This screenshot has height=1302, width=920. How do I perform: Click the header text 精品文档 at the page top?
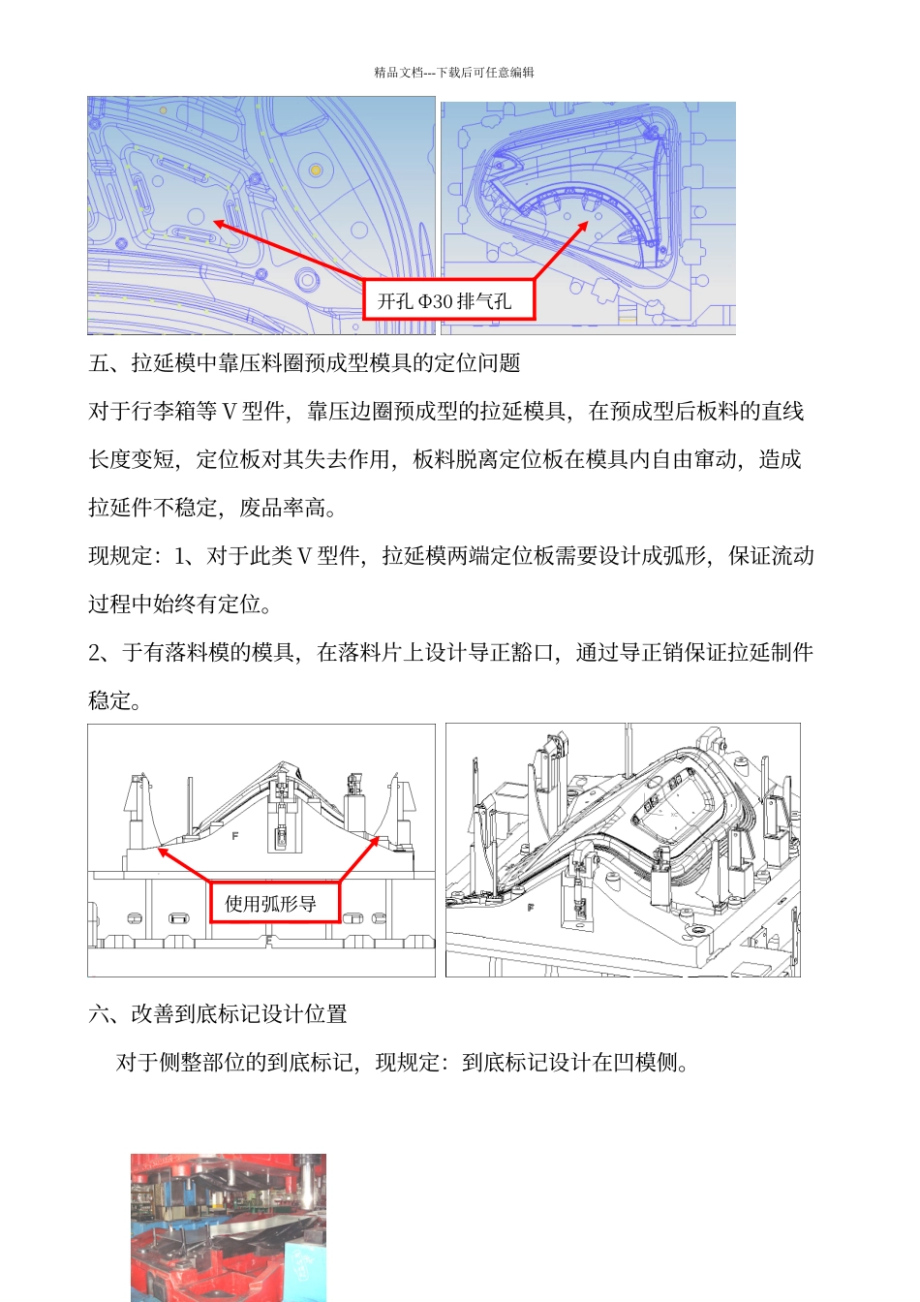[x=398, y=73]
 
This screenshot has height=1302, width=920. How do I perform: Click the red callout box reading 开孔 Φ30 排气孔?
[x=449, y=301]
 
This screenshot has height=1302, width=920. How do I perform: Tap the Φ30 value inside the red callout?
[x=436, y=302]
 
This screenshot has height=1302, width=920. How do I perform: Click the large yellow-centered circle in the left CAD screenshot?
[x=316, y=170]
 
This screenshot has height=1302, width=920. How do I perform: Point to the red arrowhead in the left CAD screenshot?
[x=219, y=224]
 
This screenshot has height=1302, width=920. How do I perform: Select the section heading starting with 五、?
[x=304, y=363]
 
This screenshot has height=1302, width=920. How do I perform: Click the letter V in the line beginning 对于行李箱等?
[x=230, y=412]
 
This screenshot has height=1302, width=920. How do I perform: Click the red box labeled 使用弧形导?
[x=275, y=903]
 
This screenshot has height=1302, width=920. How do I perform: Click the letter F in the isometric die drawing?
[x=530, y=908]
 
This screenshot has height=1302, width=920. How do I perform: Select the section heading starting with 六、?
[x=218, y=1014]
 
